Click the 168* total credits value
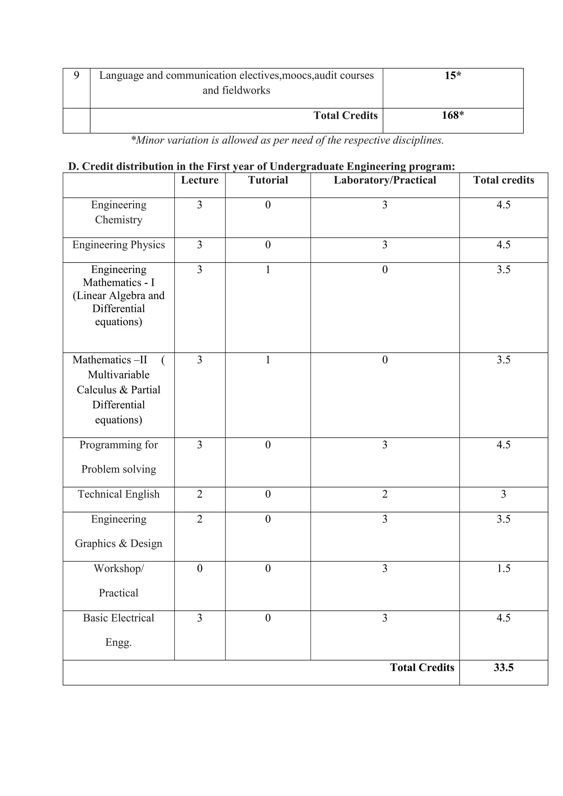(452, 115)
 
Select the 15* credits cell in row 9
(452, 76)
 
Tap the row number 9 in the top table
(76, 75)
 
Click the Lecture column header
(200, 180)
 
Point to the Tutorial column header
(268, 180)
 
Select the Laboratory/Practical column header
(385, 180)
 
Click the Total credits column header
(503, 180)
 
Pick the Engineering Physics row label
(118, 245)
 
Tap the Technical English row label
(118, 494)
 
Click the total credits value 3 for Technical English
(503, 494)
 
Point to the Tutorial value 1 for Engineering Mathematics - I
(268, 270)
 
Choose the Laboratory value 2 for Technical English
(385, 494)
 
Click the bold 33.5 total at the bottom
(503, 667)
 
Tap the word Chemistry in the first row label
(118, 220)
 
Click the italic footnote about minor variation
(287, 140)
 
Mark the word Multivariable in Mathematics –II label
(118, 375)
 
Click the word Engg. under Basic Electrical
(118, 642)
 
